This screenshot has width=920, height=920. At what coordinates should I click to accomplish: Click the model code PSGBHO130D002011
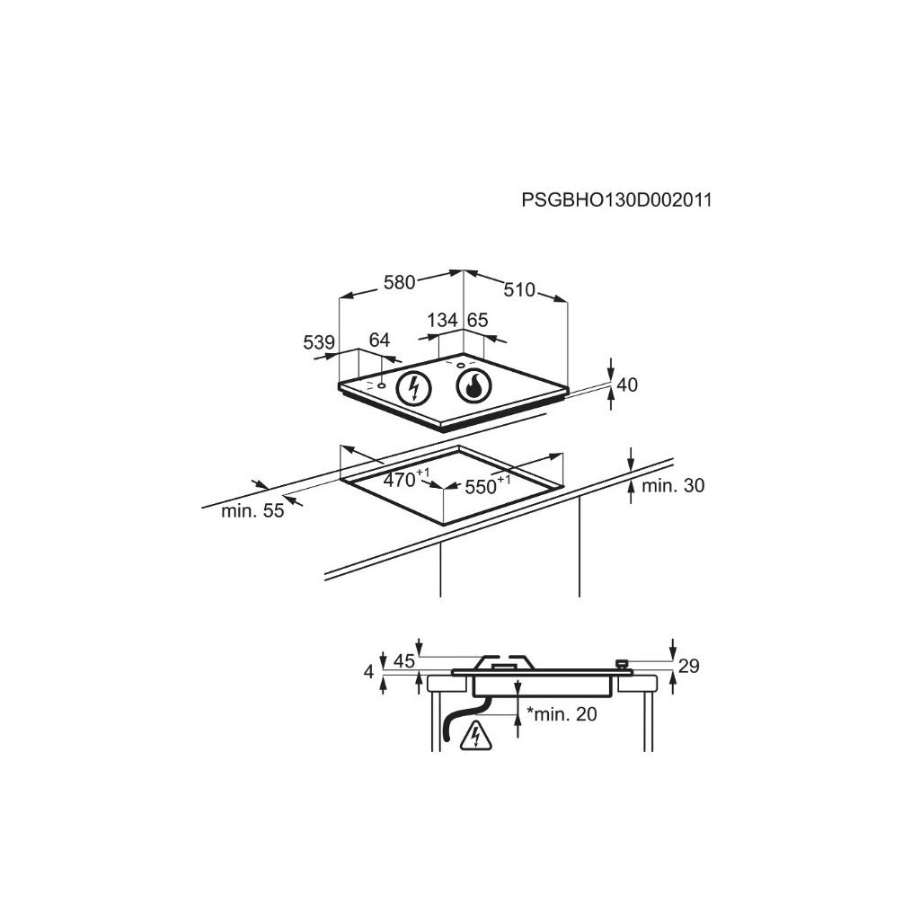coord(616,199)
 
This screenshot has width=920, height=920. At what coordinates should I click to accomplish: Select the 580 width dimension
coord(399,282)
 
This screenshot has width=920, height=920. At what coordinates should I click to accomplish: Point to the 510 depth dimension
coord(518,289)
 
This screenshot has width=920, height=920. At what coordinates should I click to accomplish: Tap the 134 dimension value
coord(442,320)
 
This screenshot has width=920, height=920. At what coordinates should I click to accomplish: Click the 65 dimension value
coord(477,320)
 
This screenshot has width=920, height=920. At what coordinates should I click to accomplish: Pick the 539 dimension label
coord(319,342)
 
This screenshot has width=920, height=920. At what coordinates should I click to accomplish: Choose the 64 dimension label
coord(379,341)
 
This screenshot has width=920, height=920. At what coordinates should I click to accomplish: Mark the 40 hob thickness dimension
coord(627,385)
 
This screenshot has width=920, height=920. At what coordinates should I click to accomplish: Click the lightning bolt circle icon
coord(414,388)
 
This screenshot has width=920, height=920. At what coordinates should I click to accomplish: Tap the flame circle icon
coord(474,387)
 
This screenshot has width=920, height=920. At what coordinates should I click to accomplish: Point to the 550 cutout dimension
coord(483,487)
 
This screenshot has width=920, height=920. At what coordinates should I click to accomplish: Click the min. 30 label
coord(673,486)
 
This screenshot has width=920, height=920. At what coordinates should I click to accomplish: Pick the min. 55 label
coord(252,511)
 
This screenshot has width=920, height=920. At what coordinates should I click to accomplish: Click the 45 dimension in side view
coord(404,661)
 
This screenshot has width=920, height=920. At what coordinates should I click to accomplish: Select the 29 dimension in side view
coord(688,666)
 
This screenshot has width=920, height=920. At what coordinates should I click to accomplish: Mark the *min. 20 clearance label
coord(562,715)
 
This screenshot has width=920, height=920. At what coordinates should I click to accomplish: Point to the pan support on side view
coord(505,662)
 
